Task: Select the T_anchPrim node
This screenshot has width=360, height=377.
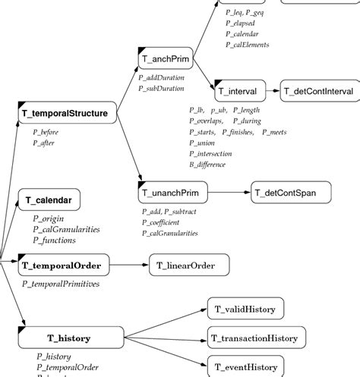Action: point(164,58)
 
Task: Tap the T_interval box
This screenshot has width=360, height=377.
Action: point(238,91)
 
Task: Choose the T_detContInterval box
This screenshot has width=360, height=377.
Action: point(318,91)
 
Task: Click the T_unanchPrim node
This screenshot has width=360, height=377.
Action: point(173,193)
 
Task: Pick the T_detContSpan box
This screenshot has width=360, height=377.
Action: point(291,193)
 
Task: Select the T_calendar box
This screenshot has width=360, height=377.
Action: point(49,200)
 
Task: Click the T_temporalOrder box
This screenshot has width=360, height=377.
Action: point(66,265)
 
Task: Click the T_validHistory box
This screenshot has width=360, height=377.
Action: point(245,308)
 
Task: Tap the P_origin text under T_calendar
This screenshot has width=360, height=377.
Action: point(48,218)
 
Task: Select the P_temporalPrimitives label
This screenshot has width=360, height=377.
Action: point(60,284)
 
